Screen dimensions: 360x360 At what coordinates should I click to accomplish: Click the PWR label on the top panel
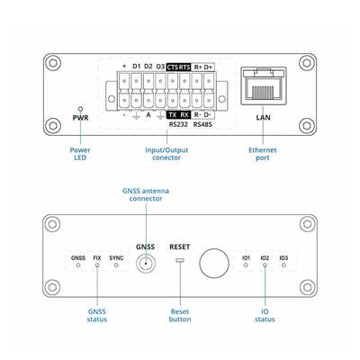80,118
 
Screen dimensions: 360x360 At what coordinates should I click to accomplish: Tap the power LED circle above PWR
80,109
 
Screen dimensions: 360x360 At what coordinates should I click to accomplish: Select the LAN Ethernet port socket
264,86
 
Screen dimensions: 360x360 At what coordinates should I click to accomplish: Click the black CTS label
173,67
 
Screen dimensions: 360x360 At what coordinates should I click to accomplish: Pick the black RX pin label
184,115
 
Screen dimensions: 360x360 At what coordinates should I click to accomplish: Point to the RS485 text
202,124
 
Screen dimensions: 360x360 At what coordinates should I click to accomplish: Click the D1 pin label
137,67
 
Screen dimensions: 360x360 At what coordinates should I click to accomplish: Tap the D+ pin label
208,67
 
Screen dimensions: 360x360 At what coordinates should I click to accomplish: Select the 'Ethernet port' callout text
263,154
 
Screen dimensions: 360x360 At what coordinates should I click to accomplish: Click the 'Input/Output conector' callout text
166,154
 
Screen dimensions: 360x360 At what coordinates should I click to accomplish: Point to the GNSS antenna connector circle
146,264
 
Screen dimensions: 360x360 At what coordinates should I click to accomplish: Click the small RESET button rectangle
180,260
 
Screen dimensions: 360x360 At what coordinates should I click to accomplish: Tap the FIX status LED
97,265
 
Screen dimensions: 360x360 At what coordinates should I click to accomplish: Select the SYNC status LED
116,265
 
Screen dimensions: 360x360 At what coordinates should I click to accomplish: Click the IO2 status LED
265,265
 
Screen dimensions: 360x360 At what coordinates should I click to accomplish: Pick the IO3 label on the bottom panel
283,258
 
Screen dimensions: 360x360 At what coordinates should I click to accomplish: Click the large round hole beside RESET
214,264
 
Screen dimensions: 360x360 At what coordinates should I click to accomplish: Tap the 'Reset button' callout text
180,316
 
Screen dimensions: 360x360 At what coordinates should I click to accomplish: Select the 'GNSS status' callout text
97,316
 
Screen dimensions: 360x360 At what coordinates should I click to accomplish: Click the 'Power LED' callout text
80,154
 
